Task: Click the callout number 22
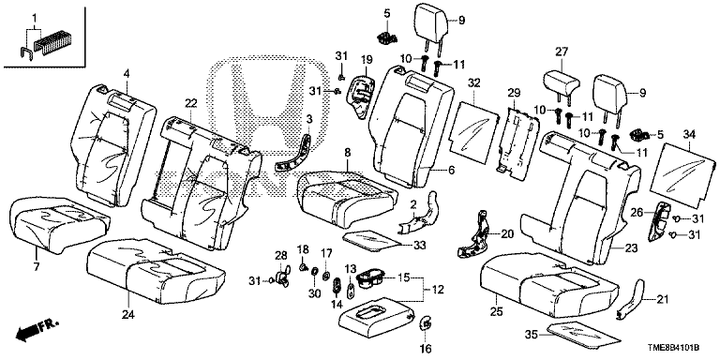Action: click(190, 103)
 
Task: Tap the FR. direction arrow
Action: click(33, 328)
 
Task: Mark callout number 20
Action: click(508, 233)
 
